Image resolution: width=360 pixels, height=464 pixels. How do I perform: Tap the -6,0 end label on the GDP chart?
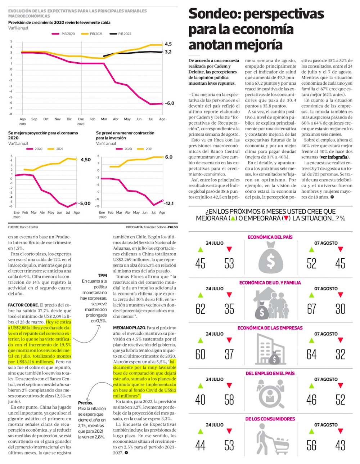point(170,103)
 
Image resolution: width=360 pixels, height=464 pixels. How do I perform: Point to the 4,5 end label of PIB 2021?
point(168,44)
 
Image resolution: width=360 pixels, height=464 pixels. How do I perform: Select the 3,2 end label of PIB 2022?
point(168,52)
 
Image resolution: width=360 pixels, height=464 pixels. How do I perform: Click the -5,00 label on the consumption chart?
point(85,204)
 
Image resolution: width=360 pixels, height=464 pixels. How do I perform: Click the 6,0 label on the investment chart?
point(169,157)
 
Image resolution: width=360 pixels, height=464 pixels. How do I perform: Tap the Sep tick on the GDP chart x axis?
point(34,119)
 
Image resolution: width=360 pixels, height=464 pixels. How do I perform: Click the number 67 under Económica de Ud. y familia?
point(311,309)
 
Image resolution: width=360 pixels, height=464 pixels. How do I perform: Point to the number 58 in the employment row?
point(229,400)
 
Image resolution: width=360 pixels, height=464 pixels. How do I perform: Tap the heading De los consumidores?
point(270,419)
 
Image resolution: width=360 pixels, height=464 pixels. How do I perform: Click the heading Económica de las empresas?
point(270,328)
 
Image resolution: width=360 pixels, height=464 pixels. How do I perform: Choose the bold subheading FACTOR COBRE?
point(23,305)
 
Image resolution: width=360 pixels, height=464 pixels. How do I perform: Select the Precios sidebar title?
point(86,403)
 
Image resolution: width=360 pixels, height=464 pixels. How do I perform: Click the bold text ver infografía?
point(334,157)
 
